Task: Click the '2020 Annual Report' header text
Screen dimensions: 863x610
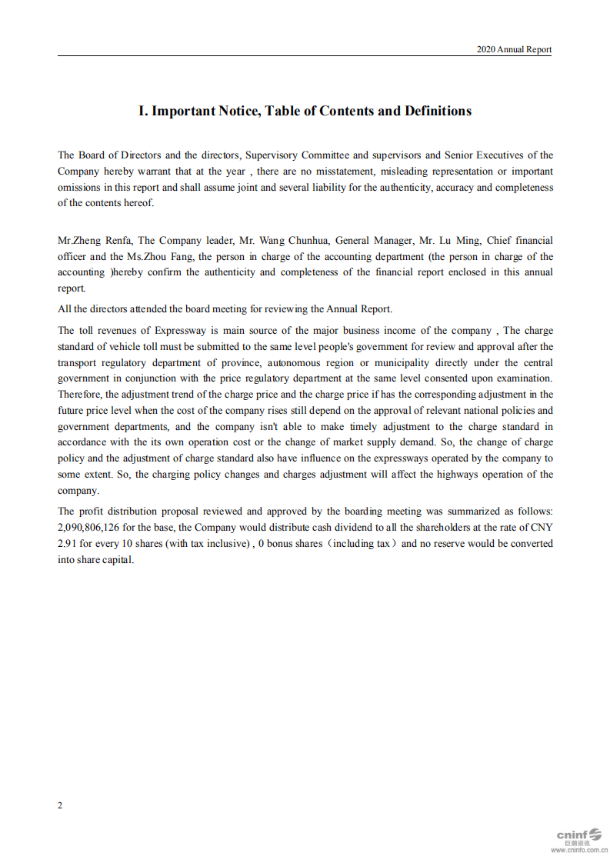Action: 514,49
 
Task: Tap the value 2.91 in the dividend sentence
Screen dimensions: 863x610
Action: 67,544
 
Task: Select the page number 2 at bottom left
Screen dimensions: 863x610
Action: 61,805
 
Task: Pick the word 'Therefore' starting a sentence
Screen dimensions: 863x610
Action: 79,395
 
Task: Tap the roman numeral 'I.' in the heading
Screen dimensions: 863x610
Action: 143,111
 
